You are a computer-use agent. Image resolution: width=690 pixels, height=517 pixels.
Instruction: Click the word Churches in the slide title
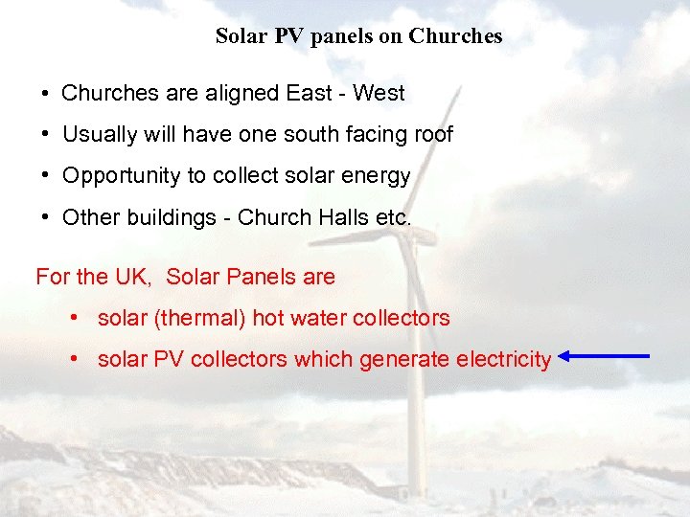[455, 36]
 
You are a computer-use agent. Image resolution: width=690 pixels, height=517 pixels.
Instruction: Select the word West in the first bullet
[379, 93]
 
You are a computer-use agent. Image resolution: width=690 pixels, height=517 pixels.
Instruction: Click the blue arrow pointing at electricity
[605, 357]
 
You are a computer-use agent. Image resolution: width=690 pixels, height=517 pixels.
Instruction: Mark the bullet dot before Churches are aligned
[46, 94]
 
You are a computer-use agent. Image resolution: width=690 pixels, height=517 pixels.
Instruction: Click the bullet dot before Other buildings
[46, 218]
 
